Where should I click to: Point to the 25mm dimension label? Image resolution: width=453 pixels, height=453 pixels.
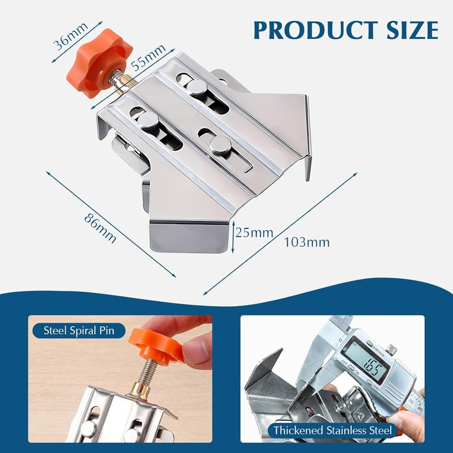click(x=254, y=233)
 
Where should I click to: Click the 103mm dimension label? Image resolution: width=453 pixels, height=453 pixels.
click(x=307, y=242)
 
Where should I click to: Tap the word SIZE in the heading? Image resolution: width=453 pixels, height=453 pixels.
click(x=413, y=31)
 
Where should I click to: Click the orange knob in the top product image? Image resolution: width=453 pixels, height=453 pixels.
click(x=99, y=63)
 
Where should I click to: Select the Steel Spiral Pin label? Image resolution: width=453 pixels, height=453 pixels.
click(x=79, y=331)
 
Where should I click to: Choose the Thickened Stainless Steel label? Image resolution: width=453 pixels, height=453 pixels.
click(x=332, y=430)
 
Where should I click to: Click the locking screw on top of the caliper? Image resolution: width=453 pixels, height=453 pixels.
click(x=391, y=350)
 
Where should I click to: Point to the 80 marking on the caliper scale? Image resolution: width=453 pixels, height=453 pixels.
click(x=420, y=409)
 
